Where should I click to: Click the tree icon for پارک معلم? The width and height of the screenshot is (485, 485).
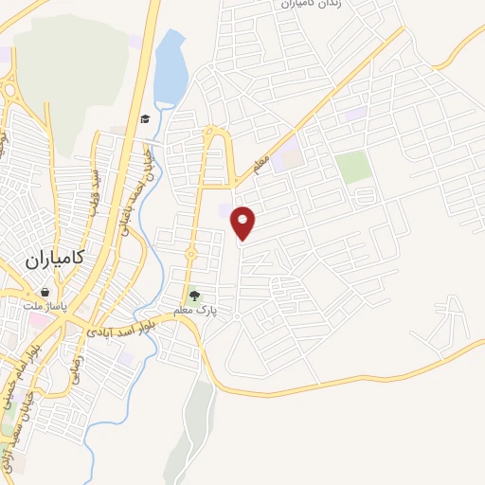(195, 296)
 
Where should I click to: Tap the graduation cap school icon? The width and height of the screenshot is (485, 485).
(145, 119)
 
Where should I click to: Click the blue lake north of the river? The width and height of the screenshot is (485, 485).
(170, 69)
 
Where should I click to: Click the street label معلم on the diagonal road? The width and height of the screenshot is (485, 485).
(261, 165)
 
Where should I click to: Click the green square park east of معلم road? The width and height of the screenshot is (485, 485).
(353, 167)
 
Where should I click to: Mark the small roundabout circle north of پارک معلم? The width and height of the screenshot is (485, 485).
(190, 254)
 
